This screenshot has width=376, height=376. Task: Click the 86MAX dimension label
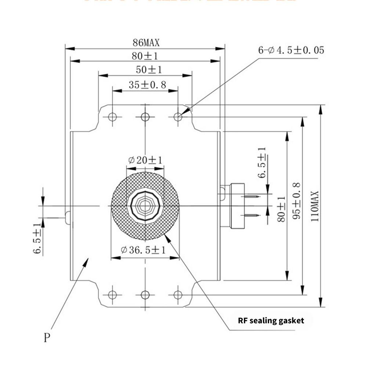pos(146,43)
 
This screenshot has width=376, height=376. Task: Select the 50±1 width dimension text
pos(149,69)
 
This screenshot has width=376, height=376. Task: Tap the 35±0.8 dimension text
pos(147,85)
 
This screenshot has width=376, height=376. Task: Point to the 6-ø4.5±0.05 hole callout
pos(291,50)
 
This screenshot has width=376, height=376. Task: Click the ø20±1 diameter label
pos(145,160)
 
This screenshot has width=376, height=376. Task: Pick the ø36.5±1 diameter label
pos(143,250)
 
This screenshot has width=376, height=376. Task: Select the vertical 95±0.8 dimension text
pos(297,200)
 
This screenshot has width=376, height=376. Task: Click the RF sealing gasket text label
pos(271,321)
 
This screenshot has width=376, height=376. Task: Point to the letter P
pos(46,337)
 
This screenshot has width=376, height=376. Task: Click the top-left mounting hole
pos(112,117)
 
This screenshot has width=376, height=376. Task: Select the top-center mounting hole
pos(145,117)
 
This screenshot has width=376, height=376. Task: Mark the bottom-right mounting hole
pos(178,294)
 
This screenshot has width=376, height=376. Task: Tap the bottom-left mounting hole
pos(112,294)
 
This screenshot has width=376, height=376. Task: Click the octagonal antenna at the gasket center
pos(145,206)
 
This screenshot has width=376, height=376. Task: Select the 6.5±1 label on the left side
pos(38,238)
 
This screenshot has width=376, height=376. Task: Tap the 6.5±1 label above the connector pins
pos(261,163)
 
